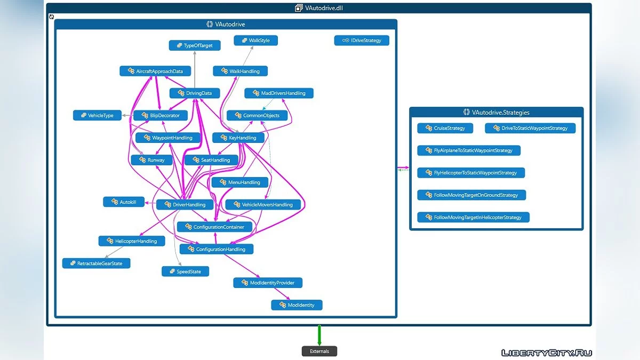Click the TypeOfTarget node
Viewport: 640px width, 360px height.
[195, 46]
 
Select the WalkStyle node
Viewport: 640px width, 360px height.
[256, 41]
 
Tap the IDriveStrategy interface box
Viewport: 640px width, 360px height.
[362, 41]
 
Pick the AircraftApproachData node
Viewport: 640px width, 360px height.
[155, 71]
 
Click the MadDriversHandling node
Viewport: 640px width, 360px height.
[279, 93]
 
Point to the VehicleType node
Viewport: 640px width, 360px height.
[97, 115]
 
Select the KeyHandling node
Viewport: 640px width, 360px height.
[238, 138]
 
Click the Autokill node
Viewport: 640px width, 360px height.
[124, 202]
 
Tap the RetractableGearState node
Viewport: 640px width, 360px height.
[96, 263]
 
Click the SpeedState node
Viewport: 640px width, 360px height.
[185, 271]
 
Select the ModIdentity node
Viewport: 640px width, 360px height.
[297, 305]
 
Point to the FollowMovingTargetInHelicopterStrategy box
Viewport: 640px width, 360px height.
[473, 218]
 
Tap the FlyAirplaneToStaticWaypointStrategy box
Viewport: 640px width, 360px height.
[469, 150]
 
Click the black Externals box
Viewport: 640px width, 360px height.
[319, 351]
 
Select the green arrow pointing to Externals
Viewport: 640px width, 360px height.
[319, 335]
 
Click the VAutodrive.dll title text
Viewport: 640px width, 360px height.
[323, 8]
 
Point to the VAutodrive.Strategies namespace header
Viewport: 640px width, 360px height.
[496, 113]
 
